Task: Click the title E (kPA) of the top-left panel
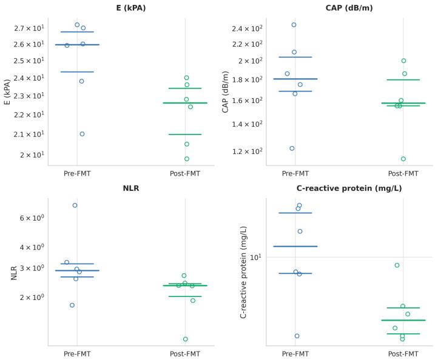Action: [x=131, y=8]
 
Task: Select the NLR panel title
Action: [x=131, y=188]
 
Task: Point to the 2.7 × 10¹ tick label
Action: [x=29, y=28]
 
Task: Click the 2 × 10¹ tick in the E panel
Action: [x=31, y=155]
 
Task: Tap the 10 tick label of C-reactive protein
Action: [x=254, y=257]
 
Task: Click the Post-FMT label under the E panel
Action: [x=185, y=173]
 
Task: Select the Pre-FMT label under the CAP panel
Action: [x=295, y=173]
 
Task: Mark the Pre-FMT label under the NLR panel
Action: [x=77, y=353]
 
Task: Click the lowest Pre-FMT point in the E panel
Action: [x=82, y=134]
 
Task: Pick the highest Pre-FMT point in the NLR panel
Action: [x=75, y=205]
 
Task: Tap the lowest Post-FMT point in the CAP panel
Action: [x=403, y=159]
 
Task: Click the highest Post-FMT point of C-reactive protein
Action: [x=397, y=265]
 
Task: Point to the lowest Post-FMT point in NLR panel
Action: [x=186, y=339]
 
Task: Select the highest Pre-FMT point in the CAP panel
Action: [x=294, y=25]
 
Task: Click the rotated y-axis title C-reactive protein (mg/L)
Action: [x=243, y=272]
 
